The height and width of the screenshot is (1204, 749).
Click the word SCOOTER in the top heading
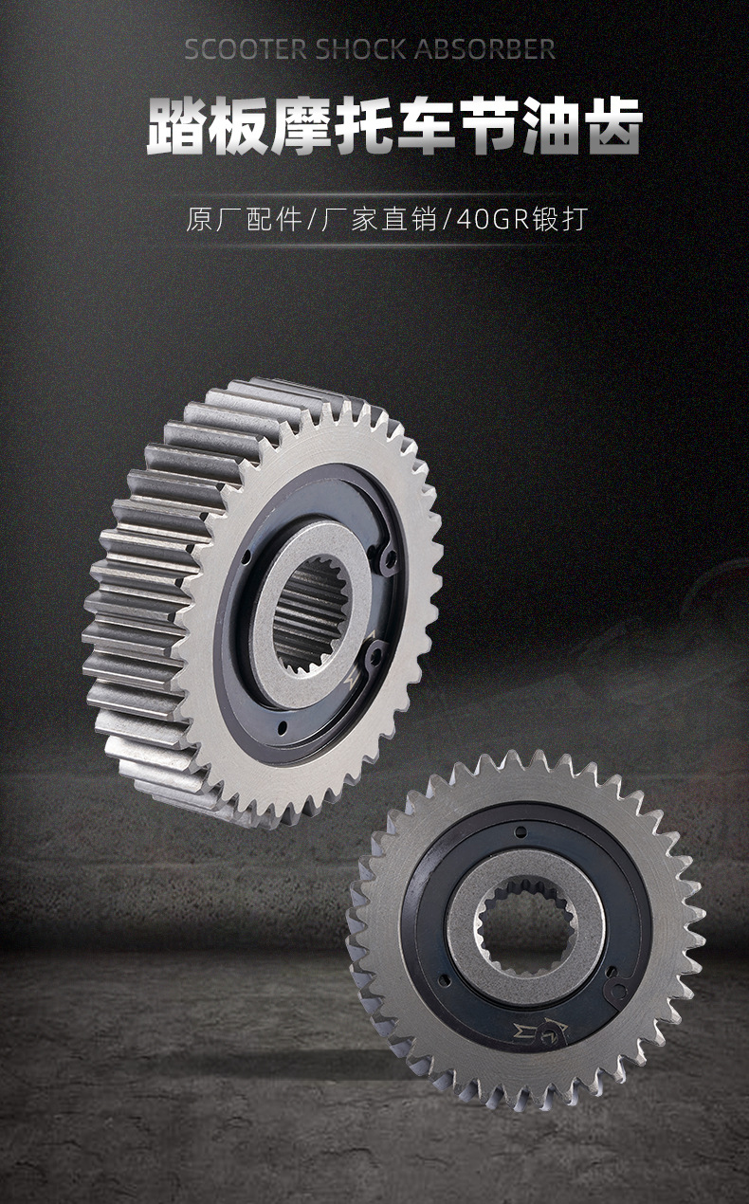(x=246, y=49)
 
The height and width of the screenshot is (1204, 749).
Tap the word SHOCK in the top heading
(x=359, y=49)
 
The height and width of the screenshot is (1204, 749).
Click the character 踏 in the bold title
(x=175, y=126)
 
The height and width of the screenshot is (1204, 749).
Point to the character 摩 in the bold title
(x=301, y=126)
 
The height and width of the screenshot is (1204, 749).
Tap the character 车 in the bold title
(x=426, y=126)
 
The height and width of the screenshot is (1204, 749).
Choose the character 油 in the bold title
(x=550, y=126)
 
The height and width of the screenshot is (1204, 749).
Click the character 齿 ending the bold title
(x=612, y=126)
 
